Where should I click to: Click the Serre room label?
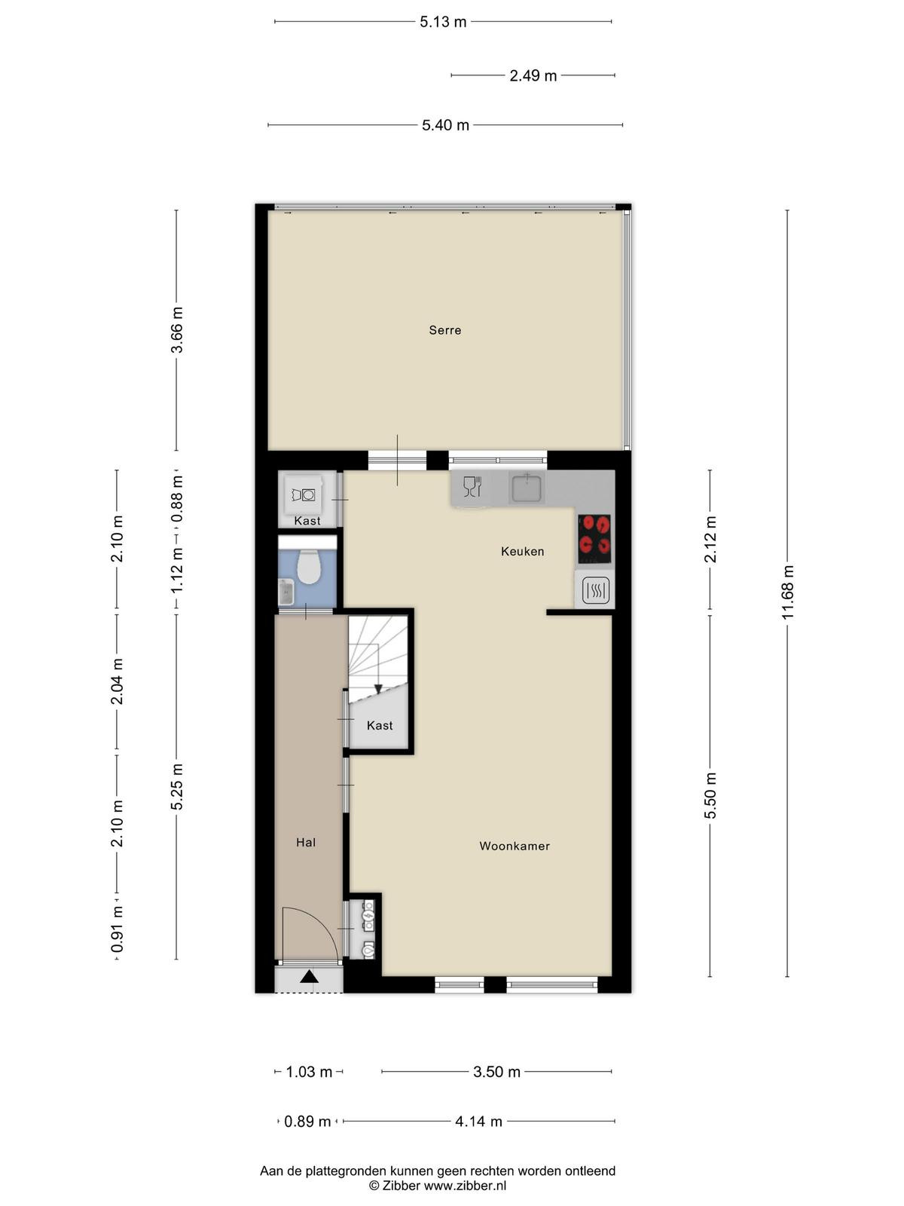click(x=444, y=330)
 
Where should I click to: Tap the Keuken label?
click(x=522, y=551)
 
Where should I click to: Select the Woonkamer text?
click(x=515, y=846)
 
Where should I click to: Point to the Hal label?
click(x=306, y=842)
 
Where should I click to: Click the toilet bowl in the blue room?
click(x=308, y=567)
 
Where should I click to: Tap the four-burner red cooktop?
click(x=594, y=538)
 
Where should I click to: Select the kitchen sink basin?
click(x=527, y=488)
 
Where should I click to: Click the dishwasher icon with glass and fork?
click(x=472, y=487)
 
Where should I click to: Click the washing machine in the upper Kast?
click(x=304, y=495)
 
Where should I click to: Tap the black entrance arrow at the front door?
click(x=309, y=976)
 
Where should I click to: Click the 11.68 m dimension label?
click(x=788, y=592)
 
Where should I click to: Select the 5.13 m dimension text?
click(x=443, y=22)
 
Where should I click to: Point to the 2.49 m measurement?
click(x=533, y=76)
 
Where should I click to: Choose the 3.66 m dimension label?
click(x=177, y=330)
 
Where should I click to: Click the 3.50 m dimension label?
click(x=496, y=1071)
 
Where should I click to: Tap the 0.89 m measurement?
click(x=307, y=1122)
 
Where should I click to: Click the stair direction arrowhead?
click(x=378, y=689)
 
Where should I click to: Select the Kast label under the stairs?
click(x=380, y=725)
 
